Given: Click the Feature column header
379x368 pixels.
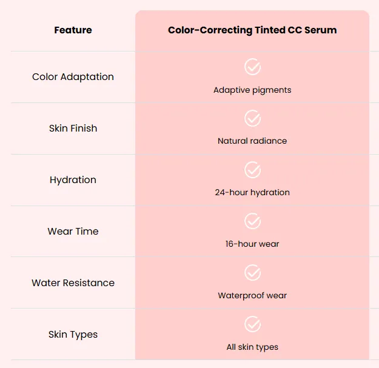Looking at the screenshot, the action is (73, 30).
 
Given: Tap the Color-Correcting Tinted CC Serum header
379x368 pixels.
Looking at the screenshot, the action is (252, 30).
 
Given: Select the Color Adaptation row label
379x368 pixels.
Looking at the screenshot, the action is (73, 77).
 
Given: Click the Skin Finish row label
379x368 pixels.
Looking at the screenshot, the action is (73, 129).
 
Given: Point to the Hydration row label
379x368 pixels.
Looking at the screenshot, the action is (73, 180).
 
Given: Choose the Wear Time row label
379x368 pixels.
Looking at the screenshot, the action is (73, 232).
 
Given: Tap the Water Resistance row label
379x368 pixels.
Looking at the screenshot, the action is (73, 283).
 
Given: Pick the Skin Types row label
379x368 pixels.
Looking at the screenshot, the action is (73, 335).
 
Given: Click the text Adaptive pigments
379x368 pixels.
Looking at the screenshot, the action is (252, 90).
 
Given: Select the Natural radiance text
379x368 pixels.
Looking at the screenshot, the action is (252, 141).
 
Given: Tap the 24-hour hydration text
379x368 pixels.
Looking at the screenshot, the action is (252, 193).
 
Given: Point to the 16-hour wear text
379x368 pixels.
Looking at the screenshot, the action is (252, 244).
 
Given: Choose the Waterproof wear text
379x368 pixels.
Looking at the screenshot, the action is (252, 295).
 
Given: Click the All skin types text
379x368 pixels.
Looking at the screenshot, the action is (252, 347).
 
